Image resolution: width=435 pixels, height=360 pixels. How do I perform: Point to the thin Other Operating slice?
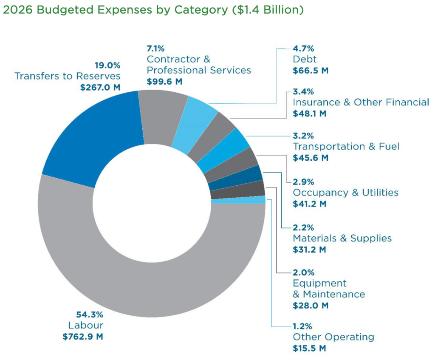tap(259, 200)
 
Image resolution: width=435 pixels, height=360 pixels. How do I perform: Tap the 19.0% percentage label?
tap(107, 65)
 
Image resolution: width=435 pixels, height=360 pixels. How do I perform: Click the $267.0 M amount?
tap(100, 88)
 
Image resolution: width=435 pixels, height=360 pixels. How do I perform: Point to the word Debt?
tap(305, 60)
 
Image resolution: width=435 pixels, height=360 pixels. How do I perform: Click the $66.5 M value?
tap(310, 71)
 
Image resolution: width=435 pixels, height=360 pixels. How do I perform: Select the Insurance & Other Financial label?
tap(361, 102)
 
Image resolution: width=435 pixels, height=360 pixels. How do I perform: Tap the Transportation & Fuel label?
tap(346, 147)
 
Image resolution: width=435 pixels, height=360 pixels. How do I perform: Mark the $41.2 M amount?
tap(310, 204)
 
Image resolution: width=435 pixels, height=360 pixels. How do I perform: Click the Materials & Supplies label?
tap(342, 238)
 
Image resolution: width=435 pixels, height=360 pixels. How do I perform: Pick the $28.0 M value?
tap(310, 305)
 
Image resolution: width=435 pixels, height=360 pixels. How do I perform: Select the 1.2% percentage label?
tap(303, 326)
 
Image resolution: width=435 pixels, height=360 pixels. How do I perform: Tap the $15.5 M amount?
tap(310, 349)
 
